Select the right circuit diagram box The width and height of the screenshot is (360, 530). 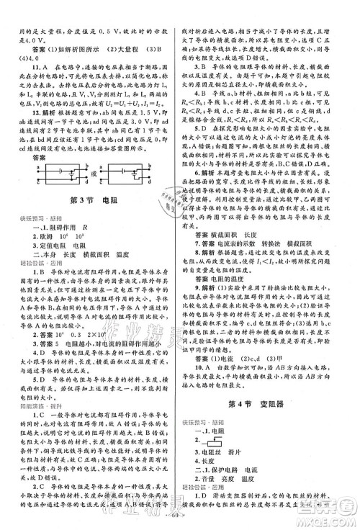pos(134,176)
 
